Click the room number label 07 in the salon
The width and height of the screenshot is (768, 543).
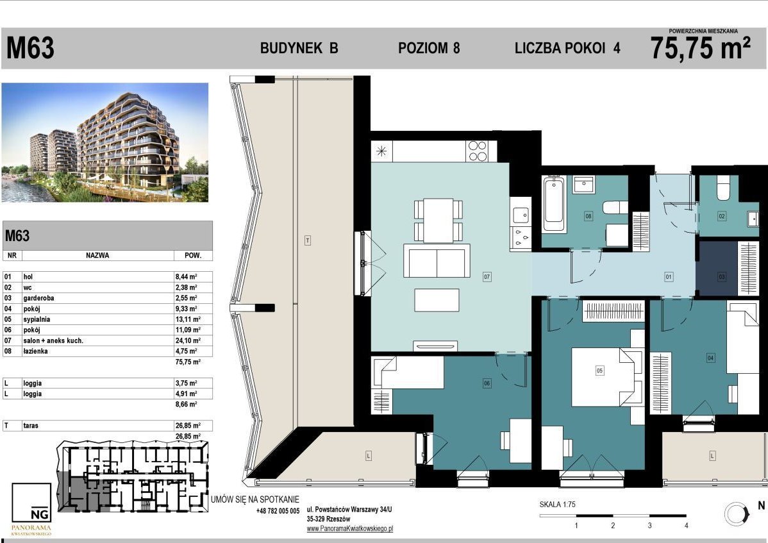pos(487,277)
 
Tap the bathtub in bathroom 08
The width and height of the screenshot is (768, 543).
pos(554,203)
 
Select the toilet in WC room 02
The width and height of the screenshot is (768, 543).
pos(723,188)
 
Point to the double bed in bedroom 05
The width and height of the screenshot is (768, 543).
pos(607,377)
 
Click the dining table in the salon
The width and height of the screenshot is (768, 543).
pos(438,221)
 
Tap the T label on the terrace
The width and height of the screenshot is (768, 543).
pos(308,240)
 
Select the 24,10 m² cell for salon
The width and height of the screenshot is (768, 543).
pos(188,341)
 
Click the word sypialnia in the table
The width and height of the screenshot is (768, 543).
pos(37,320)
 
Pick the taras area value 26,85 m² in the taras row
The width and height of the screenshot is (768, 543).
pos(188,426)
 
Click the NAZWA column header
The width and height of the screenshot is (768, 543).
pos(97,256)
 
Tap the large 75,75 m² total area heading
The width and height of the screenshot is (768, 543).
pos(701,48)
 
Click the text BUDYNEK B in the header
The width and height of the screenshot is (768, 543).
pos(299,48)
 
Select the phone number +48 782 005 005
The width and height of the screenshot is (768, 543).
pos(278,511)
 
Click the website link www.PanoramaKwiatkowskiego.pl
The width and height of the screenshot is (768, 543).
pos(350,529)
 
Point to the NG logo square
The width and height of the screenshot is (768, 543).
pos(31,503)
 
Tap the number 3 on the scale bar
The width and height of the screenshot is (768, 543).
pos(649,526)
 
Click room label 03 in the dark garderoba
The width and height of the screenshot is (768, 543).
pos(721,277)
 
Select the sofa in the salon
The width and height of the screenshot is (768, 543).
pos(437,260)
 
